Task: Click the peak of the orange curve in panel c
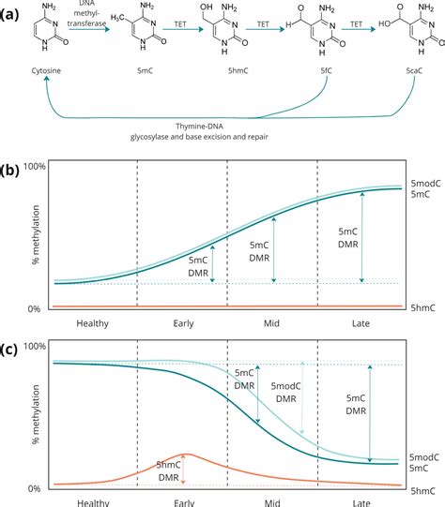[184, 455]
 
